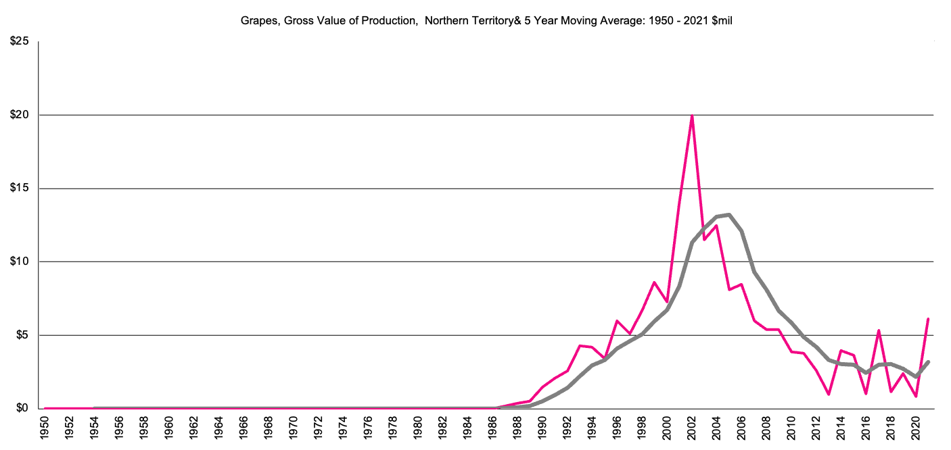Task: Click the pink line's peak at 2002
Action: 691,116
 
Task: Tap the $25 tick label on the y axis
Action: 19,42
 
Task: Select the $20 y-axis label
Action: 19,115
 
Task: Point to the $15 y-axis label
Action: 19,189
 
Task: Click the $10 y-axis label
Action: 19,261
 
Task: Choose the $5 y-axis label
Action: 21,335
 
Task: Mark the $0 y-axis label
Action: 21,408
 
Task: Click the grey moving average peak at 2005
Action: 728,215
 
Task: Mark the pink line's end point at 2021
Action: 928,319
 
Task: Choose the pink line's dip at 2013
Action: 829,394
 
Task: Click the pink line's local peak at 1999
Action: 654,282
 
